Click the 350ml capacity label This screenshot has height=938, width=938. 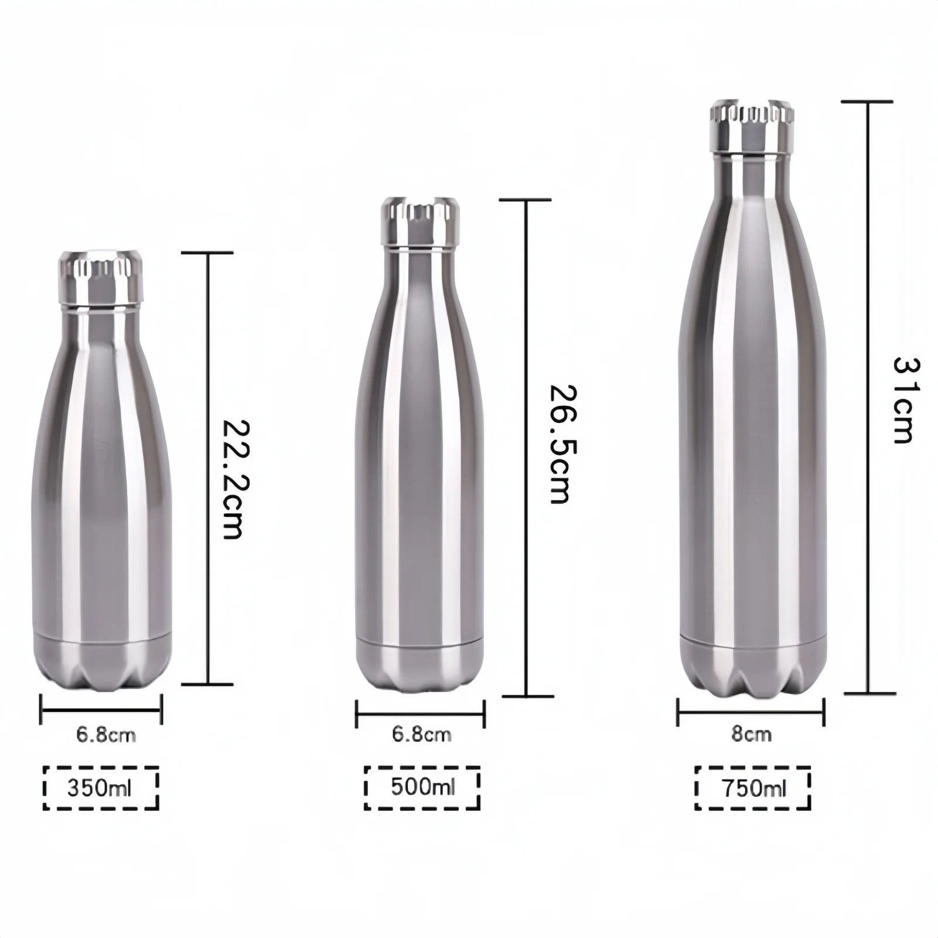click(101, 788)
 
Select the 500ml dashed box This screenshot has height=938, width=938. click(422, 787)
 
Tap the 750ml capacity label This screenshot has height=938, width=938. click(753, 789)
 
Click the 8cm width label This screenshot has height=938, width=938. click(751, 734)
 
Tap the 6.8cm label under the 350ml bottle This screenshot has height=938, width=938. click(106, 735)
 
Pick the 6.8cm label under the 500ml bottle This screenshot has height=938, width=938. click(422, 734)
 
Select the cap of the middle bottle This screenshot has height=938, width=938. click(420, 223)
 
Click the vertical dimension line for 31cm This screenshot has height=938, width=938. click(868, 398)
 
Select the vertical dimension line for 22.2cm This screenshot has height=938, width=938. click(207, 469)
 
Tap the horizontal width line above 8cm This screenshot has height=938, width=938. click(751, 712)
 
